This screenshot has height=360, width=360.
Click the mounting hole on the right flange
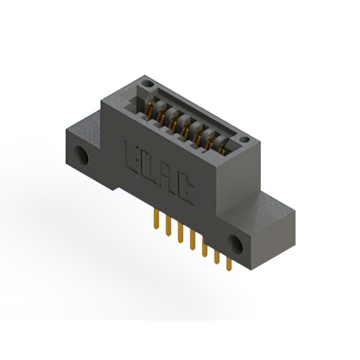(235, 244)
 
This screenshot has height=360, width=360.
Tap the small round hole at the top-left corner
(148, 84)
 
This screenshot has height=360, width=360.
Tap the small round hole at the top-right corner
(244, 139)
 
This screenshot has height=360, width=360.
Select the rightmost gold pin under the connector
(228, 264)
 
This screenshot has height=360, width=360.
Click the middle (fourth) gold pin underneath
(192, 242)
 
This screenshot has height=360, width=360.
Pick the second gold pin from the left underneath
(167, 227)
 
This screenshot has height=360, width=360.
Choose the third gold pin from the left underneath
(180, 235)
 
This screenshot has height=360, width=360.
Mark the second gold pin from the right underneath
(217, 258)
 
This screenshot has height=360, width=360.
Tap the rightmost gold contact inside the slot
(222, 148)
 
